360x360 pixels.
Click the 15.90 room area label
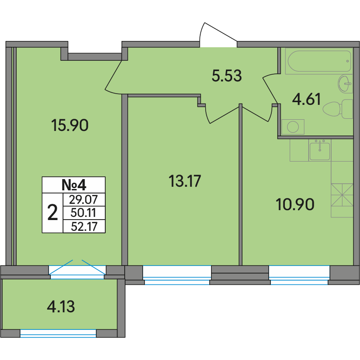70,126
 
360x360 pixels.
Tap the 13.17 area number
185,181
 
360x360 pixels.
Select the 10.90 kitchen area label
295,205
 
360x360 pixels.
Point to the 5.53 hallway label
227,76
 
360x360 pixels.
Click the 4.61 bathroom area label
306,99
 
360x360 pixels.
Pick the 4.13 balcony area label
61,307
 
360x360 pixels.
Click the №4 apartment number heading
74,185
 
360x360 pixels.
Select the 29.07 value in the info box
84,199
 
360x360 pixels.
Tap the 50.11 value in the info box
83,213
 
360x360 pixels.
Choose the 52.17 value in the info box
84,226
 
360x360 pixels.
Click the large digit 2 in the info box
53,213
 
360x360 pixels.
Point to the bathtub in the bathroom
318,61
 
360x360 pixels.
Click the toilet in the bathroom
338,109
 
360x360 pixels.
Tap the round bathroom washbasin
345,84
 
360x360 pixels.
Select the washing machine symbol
293,127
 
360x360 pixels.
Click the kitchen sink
319,151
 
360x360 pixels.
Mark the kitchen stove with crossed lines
342,195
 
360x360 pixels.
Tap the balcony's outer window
58,333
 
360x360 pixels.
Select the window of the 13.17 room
177,275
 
